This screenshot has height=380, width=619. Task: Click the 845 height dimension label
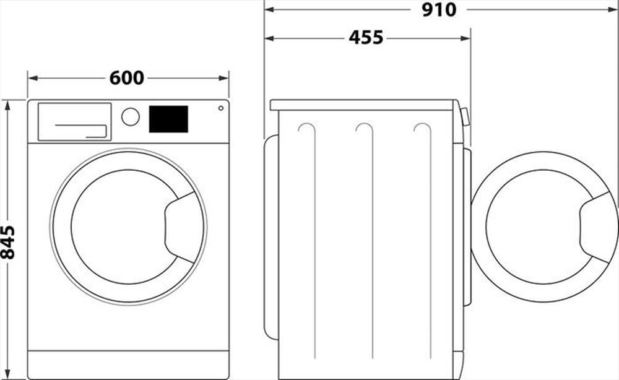8,241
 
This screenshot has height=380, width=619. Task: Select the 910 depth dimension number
439,10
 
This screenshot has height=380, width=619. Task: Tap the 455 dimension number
366,38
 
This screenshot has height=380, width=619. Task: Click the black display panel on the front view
168,119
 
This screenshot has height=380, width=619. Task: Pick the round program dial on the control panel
130,117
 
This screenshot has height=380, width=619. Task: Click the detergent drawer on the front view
74,121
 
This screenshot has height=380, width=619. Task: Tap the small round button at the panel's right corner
220,108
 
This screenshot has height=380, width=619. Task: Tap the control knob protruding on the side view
465,116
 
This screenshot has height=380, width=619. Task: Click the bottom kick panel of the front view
128,365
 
